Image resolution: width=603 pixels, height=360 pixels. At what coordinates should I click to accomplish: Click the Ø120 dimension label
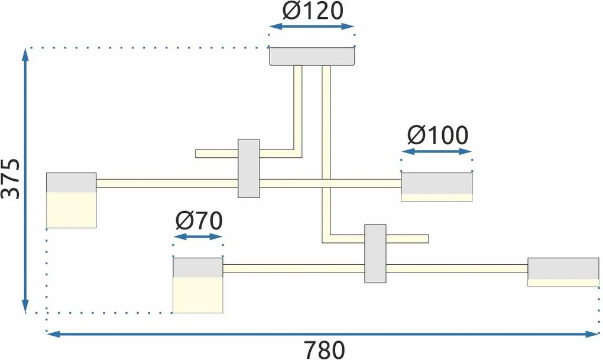tap(312, 11)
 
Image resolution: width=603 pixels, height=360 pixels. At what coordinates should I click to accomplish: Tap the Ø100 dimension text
tap(437, 136)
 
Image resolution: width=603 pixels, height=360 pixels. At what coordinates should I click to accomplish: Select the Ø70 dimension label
tap(199, 221)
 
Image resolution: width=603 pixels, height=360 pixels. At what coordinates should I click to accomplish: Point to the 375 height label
tap(11, 179)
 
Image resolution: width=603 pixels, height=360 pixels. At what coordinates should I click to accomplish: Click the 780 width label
tap(325, 349)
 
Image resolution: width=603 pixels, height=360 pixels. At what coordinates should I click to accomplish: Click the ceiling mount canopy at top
tap(312, 56)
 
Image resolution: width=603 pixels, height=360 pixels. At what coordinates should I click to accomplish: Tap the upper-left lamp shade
tap(71, 200)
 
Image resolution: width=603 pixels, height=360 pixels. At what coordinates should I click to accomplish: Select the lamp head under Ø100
tap(437, 186)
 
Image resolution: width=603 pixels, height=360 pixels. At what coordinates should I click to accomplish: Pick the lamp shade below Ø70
tap(197, 284)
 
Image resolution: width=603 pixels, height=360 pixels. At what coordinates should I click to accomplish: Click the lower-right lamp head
tap(563, 272)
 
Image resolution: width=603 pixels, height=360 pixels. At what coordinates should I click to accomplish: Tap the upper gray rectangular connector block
tap(248, 168)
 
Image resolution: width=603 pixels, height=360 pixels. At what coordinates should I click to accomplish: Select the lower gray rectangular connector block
tap(375, 254)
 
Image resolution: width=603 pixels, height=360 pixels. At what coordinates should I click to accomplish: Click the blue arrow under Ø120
tap(312, 27)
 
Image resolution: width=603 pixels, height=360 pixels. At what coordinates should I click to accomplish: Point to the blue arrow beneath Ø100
tap(437, 152)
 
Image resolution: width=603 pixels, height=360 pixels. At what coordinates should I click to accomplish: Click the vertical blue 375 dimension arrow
tap(25, 180)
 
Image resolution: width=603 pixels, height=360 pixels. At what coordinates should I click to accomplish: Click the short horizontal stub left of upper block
tap(216, 154)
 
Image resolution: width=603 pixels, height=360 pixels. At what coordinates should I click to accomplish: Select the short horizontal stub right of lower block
tap(407, 239)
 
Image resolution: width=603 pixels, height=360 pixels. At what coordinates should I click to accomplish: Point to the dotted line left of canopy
tap(148, 47)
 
